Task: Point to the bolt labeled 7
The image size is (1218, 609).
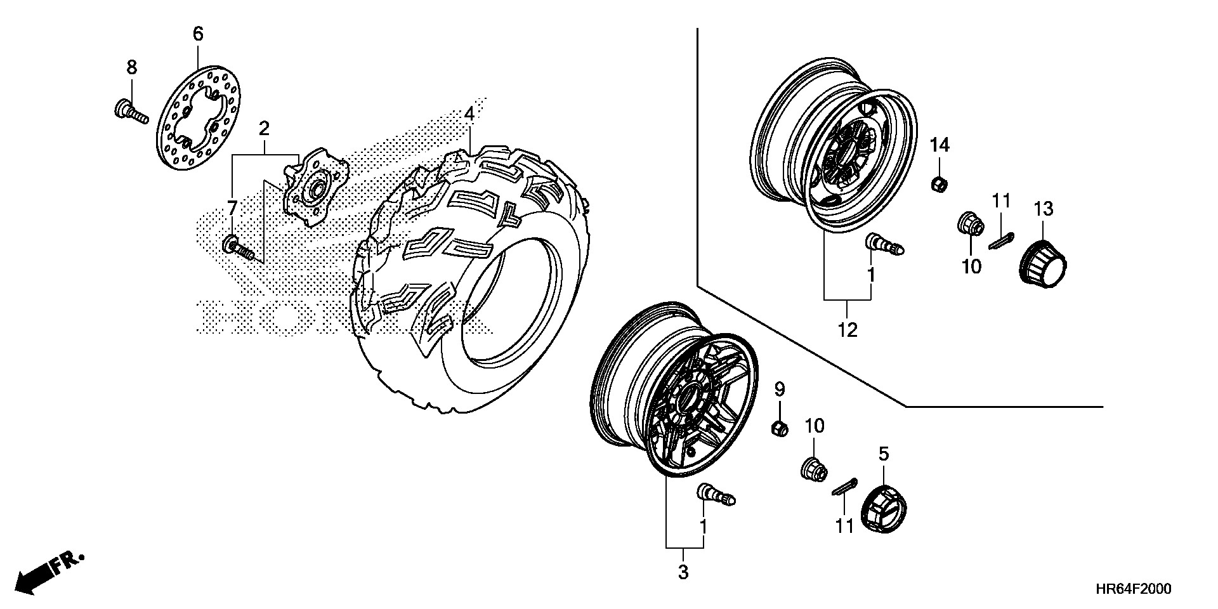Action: (x=240, y=249)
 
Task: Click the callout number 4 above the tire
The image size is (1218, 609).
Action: (x=469, y=114)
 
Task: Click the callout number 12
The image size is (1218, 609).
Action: (x=848, y=329)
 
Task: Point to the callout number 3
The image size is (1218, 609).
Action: (x=683, y=572)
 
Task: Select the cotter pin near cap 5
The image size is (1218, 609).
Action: (x=844, y=487)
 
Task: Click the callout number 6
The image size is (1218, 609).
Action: (x=198, y=34)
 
